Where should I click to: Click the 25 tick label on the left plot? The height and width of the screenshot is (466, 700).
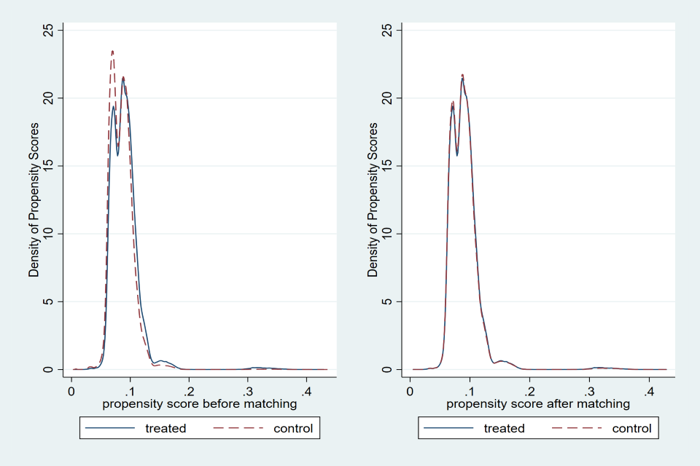[49, 30]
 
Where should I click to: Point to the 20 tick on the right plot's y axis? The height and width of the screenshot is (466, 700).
[387, 98]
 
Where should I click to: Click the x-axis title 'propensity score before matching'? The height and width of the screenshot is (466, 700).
[199, 403]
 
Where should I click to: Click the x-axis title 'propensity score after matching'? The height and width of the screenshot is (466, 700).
[537, 403]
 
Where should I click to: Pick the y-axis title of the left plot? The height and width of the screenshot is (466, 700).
[34, 200]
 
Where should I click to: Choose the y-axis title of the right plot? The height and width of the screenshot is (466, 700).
[373, 200]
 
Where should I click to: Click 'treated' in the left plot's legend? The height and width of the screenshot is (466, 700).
[166, 428]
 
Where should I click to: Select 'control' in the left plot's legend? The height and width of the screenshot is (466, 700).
[292, 428]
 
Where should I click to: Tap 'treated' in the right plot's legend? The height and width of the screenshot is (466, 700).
[504, 428]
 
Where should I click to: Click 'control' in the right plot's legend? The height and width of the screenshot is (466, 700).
[631, 428]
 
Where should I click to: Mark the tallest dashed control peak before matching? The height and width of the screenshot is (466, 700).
[112, 51]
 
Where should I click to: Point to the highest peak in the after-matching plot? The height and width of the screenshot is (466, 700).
[462, 74]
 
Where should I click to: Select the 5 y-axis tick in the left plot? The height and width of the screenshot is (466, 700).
[49, 301]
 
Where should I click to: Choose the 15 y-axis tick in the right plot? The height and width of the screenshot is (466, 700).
[387, 165]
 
